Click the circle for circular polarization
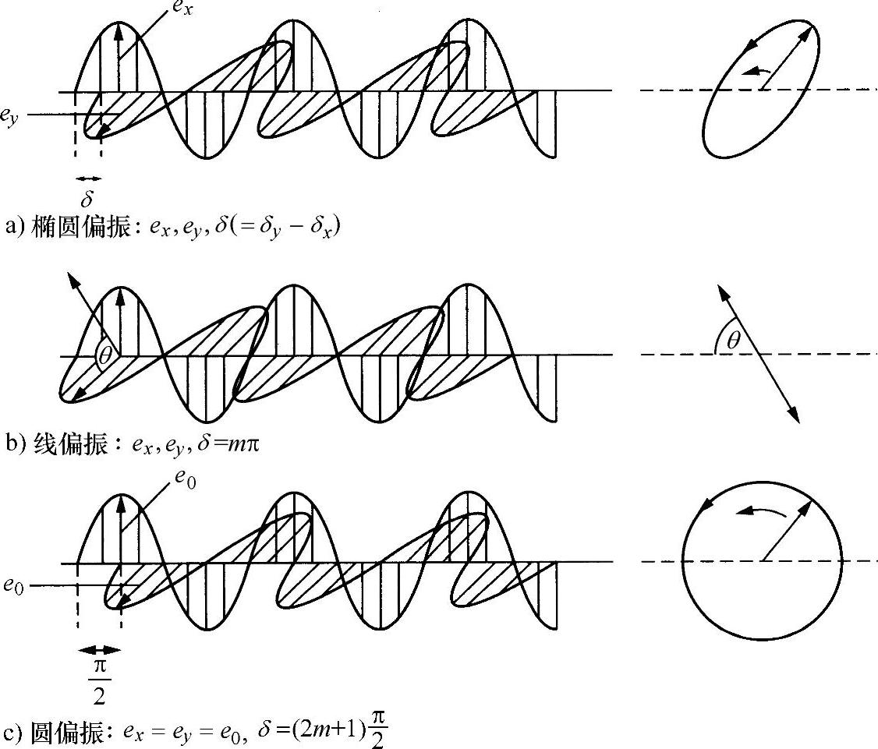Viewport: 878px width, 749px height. pyautogui.click(x=762, y=561)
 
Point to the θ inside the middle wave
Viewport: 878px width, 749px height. pyautogui.click(x=104, y=356)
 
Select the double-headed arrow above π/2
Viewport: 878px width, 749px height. pyautogui.click(x=99, y=649)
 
